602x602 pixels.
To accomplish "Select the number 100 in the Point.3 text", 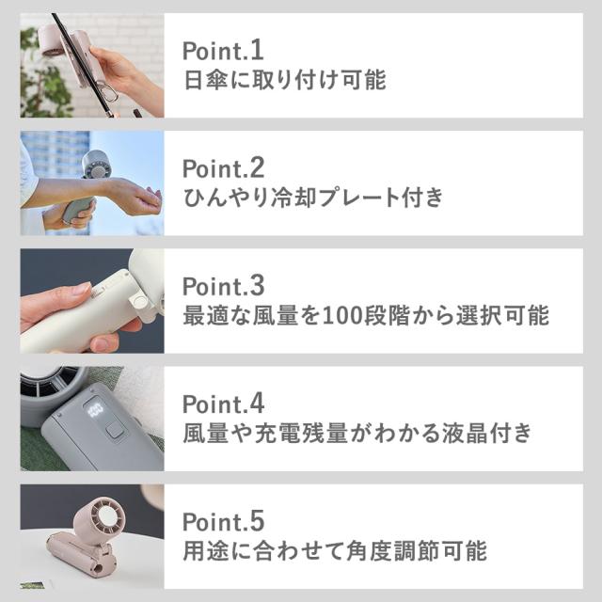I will point(337,315).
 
